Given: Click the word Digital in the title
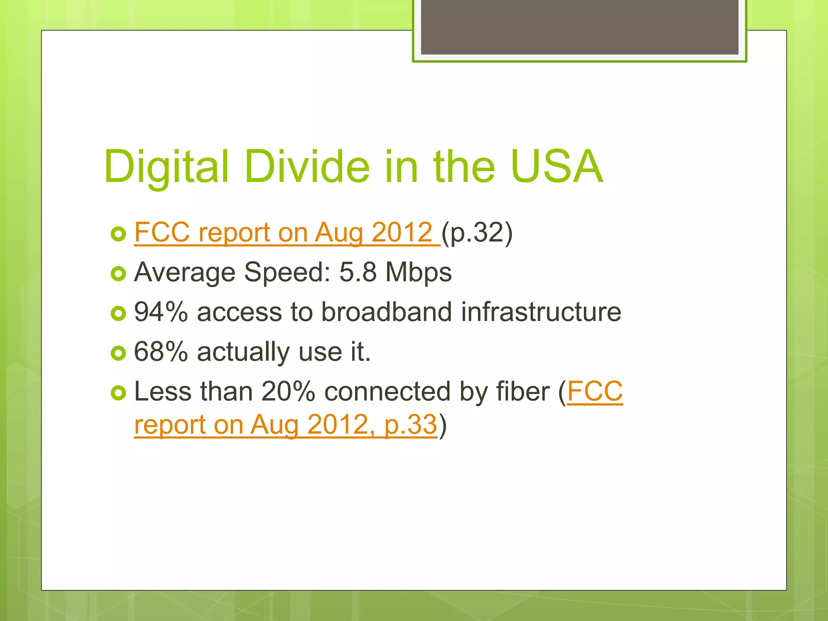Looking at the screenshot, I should click(x=166, y=167).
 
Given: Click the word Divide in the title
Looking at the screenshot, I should click(x=307, y=167).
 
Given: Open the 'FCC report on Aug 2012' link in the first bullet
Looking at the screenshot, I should click(x=283, y=232).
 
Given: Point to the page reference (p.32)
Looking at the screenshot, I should click(x=477, y=233).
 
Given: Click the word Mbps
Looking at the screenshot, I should click(x=418, y=272).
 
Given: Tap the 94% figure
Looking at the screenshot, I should click(x=161, y=312).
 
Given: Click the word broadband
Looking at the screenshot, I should click(x=386, y=312).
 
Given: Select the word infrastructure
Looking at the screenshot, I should click(x=541, y=312).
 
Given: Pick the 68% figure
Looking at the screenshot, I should click(x=161, y=351).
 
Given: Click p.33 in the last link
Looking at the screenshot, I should click(x=410, y=425).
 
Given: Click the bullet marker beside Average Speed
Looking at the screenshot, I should click(x=118, y=274).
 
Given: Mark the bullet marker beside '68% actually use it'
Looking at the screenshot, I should click(x=118, y=353).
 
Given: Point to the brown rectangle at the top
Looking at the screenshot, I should click(x=579, y=27).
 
